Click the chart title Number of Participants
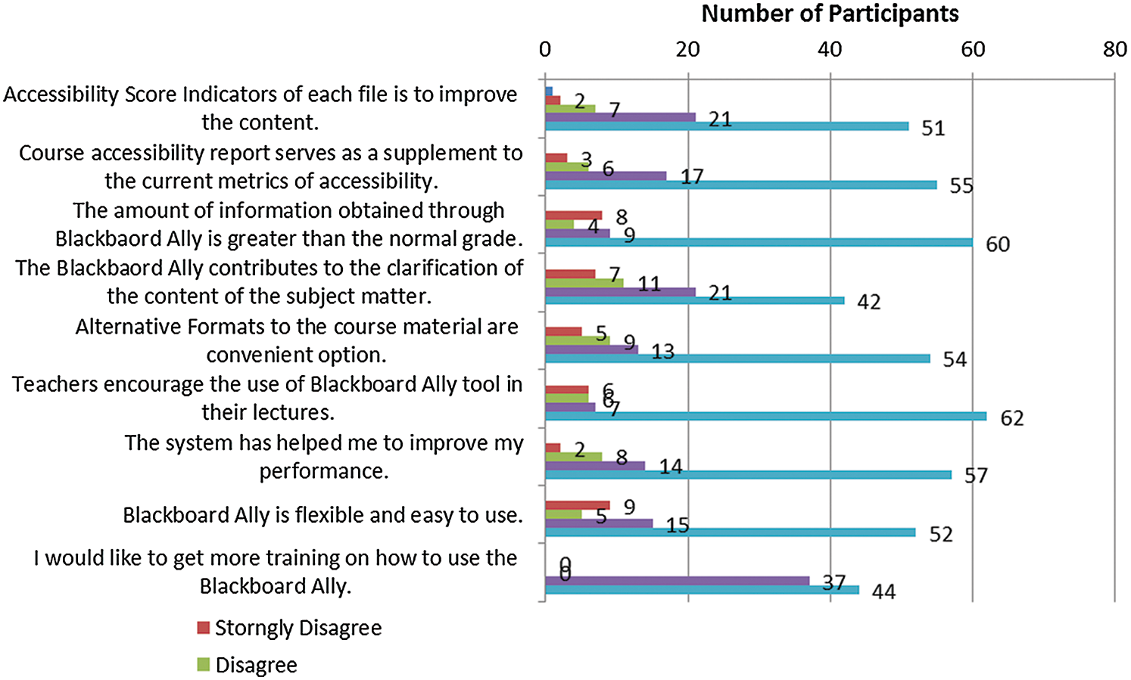pos(830,14)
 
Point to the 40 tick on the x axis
pos(830,50)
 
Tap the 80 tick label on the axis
pos(1114,50)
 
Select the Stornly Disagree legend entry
pos(298,628)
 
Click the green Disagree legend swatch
pos(203,665)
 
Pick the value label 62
pos(1011,418)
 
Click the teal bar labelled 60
pos(759,242)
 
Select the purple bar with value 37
pos(677,581)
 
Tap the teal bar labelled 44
pos(702,590)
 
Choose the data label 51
pos(933,129)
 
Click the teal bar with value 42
pos(694,300)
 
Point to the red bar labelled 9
pos(577,505)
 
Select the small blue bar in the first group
pos(549,92)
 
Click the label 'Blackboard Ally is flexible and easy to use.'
pos(323,515)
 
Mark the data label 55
pos(961,186)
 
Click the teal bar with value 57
pos(748,474)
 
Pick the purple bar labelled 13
pos(591,349)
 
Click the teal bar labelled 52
pos(730,533)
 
